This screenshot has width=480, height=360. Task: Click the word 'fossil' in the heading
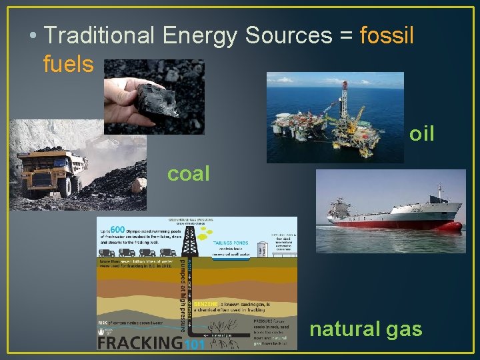[387, 35]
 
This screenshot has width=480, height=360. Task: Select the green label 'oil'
[421, 134]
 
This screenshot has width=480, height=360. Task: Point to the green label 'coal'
[188, 173]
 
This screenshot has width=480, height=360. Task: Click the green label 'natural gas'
[366, 329]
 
